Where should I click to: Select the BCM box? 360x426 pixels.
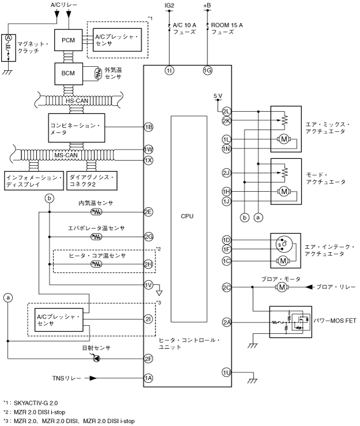tap(69, 73)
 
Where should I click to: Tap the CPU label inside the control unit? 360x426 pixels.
tap(187, 217)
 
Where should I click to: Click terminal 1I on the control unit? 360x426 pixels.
tap(169, 70)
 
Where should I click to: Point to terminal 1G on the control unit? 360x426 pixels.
tap(207, 70)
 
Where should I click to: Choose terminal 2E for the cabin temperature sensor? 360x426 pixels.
tap(149, 212)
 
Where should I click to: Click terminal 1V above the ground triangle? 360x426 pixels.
tap(149, 284)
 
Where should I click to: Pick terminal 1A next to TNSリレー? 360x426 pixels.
tap(149, 378)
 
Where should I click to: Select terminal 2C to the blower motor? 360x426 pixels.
tap(226, 287)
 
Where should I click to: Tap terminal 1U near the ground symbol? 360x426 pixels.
tap(226, 372)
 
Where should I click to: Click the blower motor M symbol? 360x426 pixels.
tap(282, 287)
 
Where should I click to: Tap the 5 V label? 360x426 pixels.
tap(217, 96)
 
